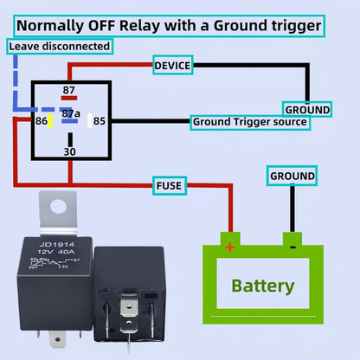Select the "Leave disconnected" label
pyautogui.click(x=60, y=45)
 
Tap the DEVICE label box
pyautogui.click(x=172, y=65)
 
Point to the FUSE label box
pyautogui.click(x=168, y=184)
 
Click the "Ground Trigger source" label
pyautogui.click(x=249, y=122)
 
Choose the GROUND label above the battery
pyautogui.click(x=292, y=176)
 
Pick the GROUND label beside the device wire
pyautogui.click(x=307, y=110)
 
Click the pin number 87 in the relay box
pyautogui.click(x=67, y=90)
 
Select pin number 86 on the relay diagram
pyautogui.click(x=42, y=122)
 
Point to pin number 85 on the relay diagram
pyautogui.click(x=100, y=122)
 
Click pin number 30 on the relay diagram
pyautogui.click(x=69, y=151)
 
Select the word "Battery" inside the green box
pyautogui.click(x=263, y=286)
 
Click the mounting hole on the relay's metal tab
pyautogui.click(x=59, y=206)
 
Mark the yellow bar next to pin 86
pyautogui.click(x=52, y=122)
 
